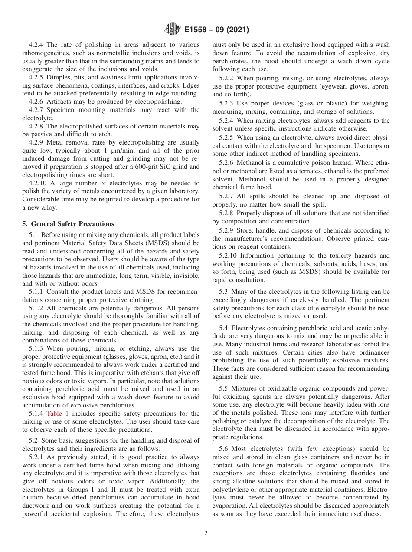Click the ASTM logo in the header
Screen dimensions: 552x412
click(x=172, y=30)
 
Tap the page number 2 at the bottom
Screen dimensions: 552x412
click(x=206, y=533)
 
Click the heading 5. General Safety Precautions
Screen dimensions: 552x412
click(x=68, y=224)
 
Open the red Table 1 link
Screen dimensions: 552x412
click(x=57, y=414)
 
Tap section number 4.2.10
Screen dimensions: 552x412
click(x=38, y=183)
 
